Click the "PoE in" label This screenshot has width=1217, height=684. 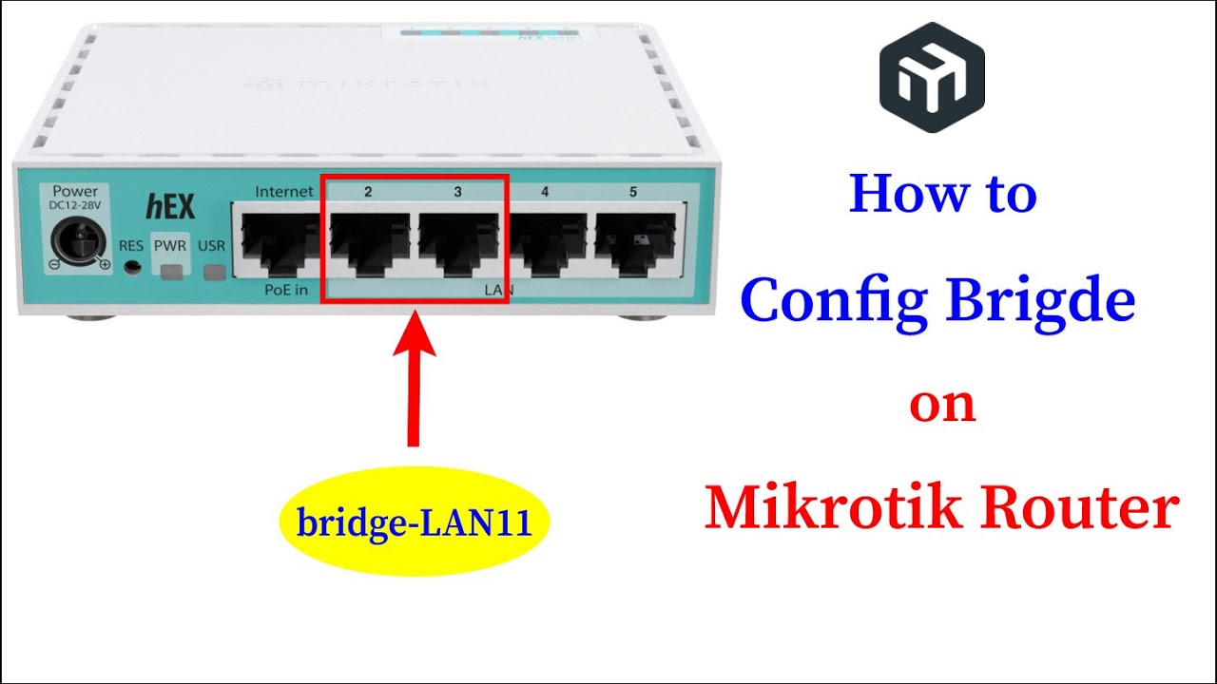pos(285,290)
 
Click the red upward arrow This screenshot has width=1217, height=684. pos(413,380)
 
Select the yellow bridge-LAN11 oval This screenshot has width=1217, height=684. pos(415,523)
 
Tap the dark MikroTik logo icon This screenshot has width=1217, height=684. pos(932,77)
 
